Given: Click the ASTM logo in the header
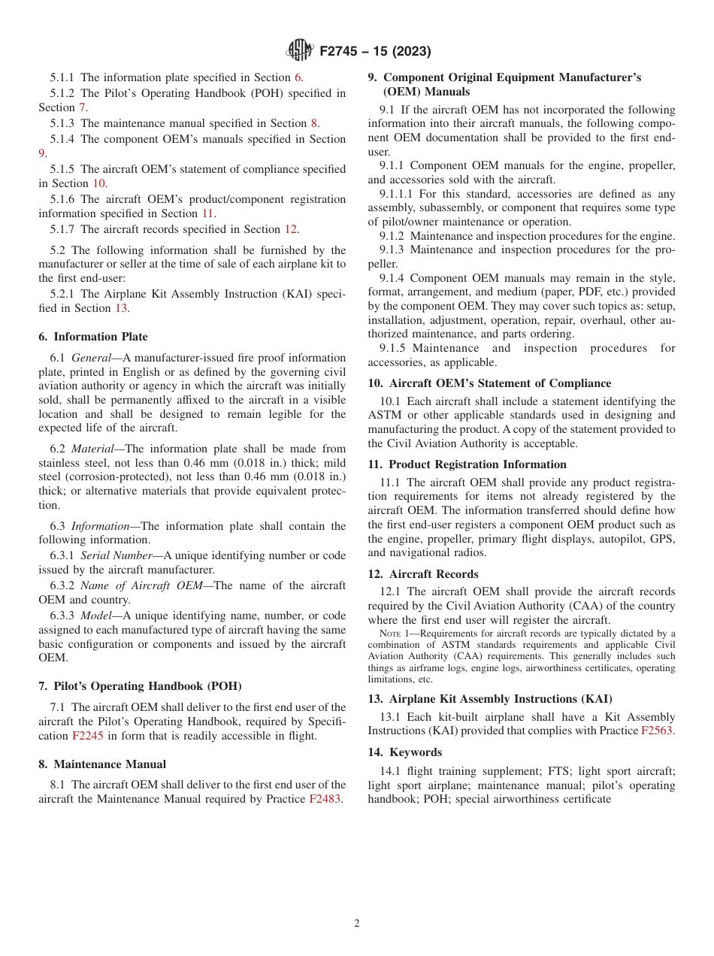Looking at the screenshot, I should (300, 51).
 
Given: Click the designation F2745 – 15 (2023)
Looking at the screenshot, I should (375, 52).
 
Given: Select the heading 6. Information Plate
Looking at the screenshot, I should (93, 337).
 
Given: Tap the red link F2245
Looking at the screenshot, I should (86, 736).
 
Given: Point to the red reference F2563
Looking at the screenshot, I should (657, 731).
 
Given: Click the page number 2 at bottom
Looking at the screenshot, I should (357, 924).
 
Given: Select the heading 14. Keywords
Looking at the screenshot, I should (405, 752).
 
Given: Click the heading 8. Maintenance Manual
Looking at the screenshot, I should (102, 764).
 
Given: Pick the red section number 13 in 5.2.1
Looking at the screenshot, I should (121, 308).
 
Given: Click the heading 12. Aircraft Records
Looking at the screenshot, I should (423, 574).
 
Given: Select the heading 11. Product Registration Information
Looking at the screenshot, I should (467, 464).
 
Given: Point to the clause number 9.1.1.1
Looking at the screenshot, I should (398, 193).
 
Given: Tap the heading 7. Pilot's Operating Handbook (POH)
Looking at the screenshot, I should (140, 686).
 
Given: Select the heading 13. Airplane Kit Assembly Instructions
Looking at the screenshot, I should (490, 699).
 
